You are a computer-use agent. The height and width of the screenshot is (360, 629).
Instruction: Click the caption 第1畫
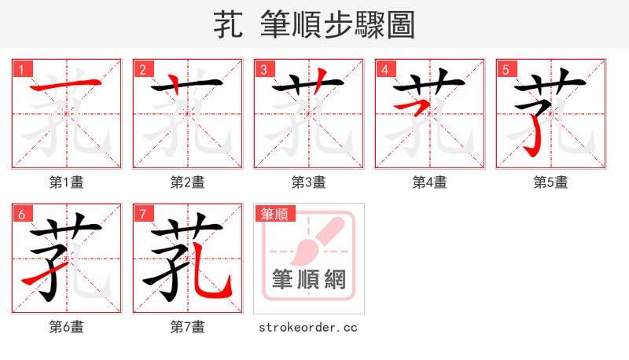pos(66,182)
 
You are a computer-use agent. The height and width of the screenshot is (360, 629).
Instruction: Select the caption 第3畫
pos(308,182)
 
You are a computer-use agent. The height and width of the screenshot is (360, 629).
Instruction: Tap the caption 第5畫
pos(550,182)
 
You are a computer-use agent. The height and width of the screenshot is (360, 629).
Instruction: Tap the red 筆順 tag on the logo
pos(274,214)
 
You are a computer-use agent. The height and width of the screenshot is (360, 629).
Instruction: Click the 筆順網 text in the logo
pos(308,280)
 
